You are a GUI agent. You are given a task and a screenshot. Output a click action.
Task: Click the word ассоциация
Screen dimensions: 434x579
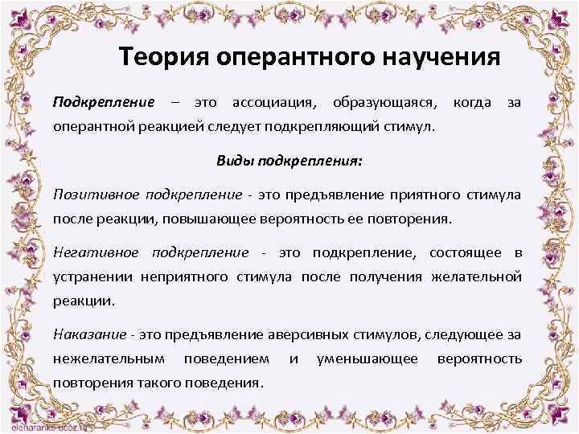click(x=274, y=103)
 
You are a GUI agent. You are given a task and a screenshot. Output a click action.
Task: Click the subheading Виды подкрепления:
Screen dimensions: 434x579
click(x=289, y=160)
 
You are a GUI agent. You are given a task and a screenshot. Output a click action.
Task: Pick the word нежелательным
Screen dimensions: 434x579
click(x=109, y=358)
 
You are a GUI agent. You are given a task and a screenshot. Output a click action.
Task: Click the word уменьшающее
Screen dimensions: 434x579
click(x=368, y=358)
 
